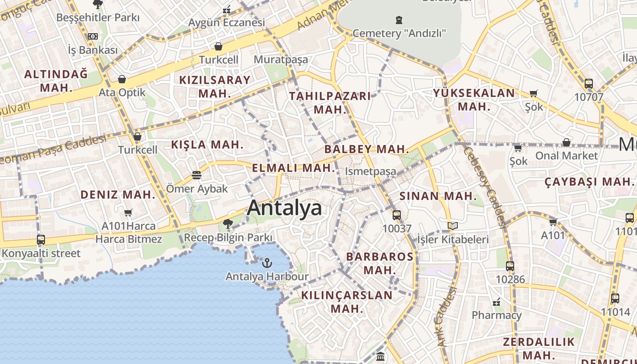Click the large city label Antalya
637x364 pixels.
tap(284, 208)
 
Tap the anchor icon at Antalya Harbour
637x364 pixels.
tap(267, 263)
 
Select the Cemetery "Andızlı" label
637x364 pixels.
tap(399, 33)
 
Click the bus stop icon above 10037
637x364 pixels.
tap(397, 215)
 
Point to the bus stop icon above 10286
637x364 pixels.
tap(510, 266)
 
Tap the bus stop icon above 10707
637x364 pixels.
tap(589, 84)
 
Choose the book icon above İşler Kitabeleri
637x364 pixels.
tap(452, 226)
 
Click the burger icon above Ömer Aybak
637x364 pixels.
tap(197, 175)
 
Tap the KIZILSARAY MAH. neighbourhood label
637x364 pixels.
tap(215, 86)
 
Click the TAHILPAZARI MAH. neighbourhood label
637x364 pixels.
tap(330, 102)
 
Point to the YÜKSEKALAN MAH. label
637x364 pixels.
tap(474, 100)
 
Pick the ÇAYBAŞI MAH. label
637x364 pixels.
tap(589, 182)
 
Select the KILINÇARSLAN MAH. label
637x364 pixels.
tap(347, 301)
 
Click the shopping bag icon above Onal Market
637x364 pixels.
tap(566, 143)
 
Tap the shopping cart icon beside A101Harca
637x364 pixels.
tap(128, 212)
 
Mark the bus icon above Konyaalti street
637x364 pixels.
tap(41, 240)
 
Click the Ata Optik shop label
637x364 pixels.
tap(122, 93)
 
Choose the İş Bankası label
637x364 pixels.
tap(93, 50)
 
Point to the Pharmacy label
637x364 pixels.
tap(496, 315)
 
